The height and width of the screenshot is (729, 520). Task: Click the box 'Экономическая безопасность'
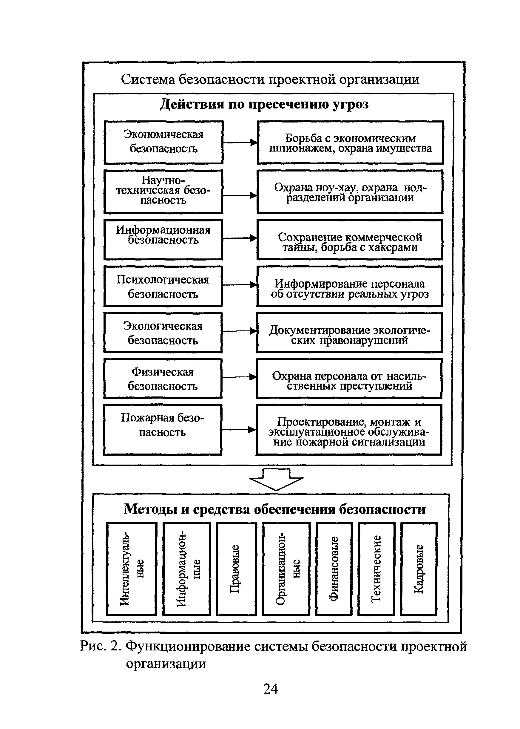[x=163, y=142]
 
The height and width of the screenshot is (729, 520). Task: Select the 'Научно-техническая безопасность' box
[x=163, y=192]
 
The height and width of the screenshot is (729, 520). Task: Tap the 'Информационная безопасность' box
[x=163, y=240]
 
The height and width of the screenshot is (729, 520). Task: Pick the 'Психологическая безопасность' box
[x=163, y=286]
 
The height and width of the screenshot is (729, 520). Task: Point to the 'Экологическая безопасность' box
[x=163, y=333]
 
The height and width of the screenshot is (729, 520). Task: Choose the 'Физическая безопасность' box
[x=163, y=379]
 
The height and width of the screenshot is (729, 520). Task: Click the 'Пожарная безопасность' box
[x=163, y=430]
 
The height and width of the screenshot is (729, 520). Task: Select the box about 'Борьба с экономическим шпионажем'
[x=350, y=142]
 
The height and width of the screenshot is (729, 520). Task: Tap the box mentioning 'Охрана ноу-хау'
[x=350, y=192]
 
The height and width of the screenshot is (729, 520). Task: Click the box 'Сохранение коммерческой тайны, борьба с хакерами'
[x=350, y=240]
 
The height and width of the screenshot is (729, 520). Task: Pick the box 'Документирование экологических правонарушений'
[x=349, y=333]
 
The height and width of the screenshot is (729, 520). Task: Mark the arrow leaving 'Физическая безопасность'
[x=240, y=377]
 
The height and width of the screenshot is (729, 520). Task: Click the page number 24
[x=271, y=689]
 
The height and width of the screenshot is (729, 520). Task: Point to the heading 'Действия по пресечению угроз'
[x=264, y=105]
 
